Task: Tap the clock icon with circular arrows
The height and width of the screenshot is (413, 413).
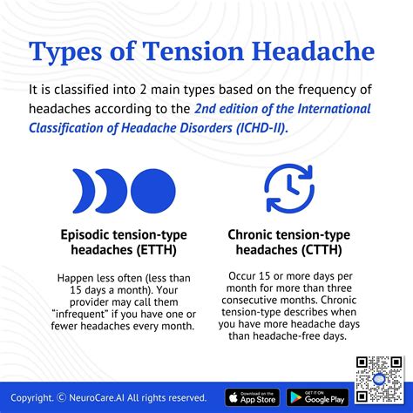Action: tap(289, 190)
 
